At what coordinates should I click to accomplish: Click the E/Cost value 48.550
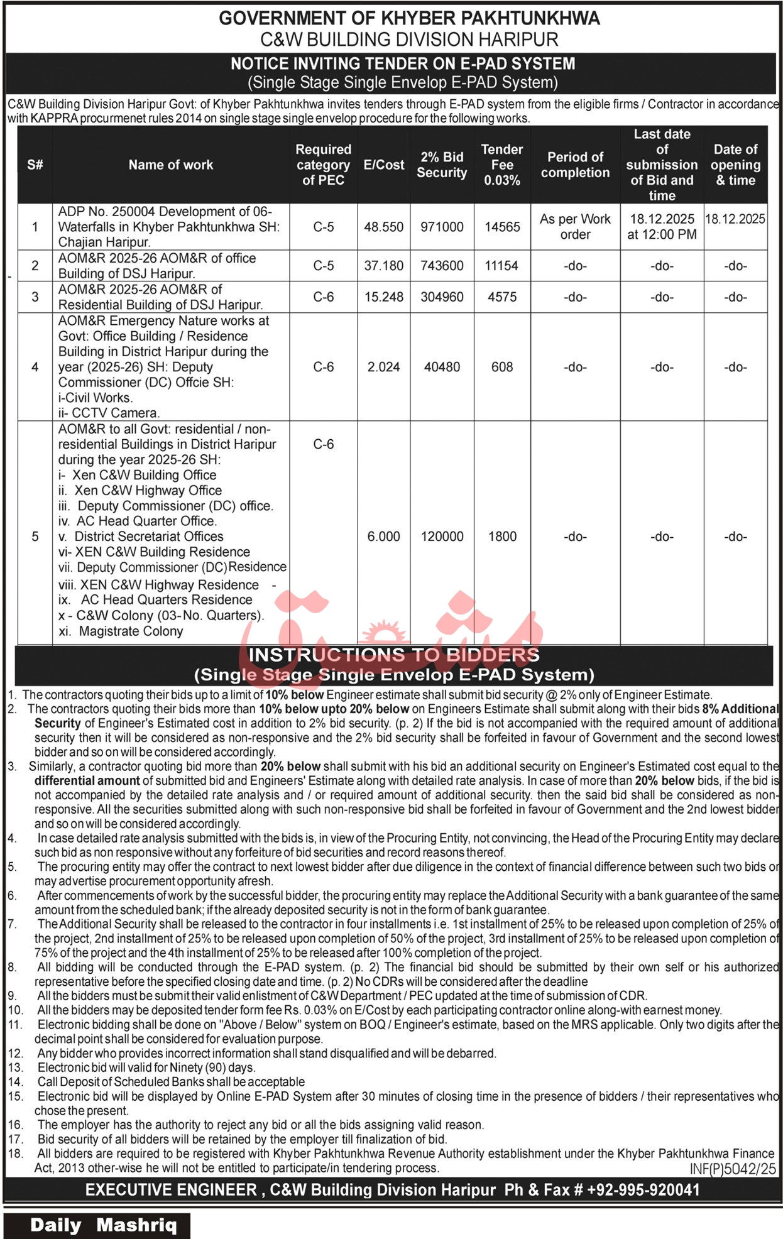click(383, 227)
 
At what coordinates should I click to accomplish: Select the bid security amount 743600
click(442, 266)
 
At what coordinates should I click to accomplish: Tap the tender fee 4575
click(502, 297)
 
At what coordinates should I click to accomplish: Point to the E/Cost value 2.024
click(383, 367)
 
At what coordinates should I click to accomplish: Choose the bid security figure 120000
click(442, 537)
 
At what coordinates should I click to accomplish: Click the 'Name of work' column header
click(170, 165)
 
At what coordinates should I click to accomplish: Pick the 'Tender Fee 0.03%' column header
click(502, 165)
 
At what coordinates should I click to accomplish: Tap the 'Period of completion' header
click(575, 165)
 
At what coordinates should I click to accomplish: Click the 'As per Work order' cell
click(575, 227)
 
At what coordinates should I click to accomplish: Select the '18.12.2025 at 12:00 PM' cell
click(662, 227)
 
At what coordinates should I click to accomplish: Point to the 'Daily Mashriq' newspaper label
click(104, 1225)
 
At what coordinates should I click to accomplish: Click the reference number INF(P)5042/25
click(733, 1169)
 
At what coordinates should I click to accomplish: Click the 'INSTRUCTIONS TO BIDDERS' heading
click(394, 655)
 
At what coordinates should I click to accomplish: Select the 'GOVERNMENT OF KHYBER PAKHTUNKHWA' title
click(409, 19)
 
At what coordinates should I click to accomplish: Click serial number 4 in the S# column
click(35, 367)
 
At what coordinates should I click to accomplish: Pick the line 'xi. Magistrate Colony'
click(121, 631)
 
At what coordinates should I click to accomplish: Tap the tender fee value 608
click(502, 367)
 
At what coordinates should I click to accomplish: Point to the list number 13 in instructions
click(16, 1067)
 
